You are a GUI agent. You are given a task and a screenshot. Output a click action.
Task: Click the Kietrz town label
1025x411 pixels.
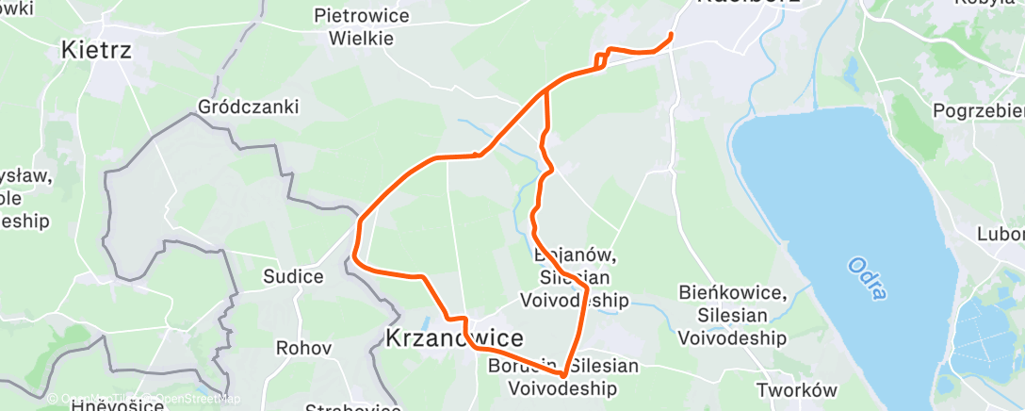click(x=94, y=50)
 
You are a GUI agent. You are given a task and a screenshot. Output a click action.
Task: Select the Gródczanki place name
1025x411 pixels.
click(x=249, y=107)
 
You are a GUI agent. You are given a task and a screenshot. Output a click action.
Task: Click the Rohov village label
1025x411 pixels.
click(x=303, y=348)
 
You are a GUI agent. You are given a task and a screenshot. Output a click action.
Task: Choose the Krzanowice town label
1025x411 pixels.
click(x=454, y=338)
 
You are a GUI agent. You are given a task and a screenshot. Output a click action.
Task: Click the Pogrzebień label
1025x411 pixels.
click(x=978, y=111)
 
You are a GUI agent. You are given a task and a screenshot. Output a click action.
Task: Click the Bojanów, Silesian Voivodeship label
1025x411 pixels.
click(x=575, y=278)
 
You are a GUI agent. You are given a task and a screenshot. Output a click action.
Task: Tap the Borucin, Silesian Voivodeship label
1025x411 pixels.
click(x=563, y=376)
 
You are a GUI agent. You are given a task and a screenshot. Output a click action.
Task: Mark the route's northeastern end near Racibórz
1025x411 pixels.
click(x=671, y=36)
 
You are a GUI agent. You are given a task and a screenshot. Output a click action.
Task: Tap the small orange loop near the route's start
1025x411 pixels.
click(x=601, y=60)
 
